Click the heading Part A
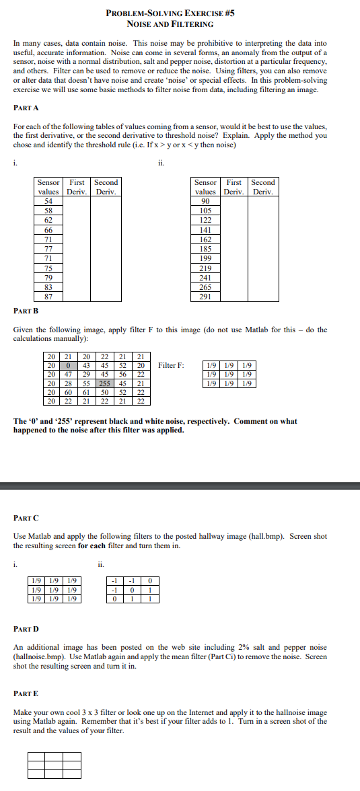point(26,107)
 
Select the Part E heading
point(26,692)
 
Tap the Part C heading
point(26,518)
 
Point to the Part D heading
point(26,629)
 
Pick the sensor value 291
point(205,297)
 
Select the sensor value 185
point(205,249)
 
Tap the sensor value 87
point(48,297)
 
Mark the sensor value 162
point(205,239)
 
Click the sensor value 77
point(48,249)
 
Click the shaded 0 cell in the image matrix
point(68,365)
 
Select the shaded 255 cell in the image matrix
point(104,383)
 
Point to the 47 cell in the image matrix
point(68,374)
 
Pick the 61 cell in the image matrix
point(86,392)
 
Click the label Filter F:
point(171,365)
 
